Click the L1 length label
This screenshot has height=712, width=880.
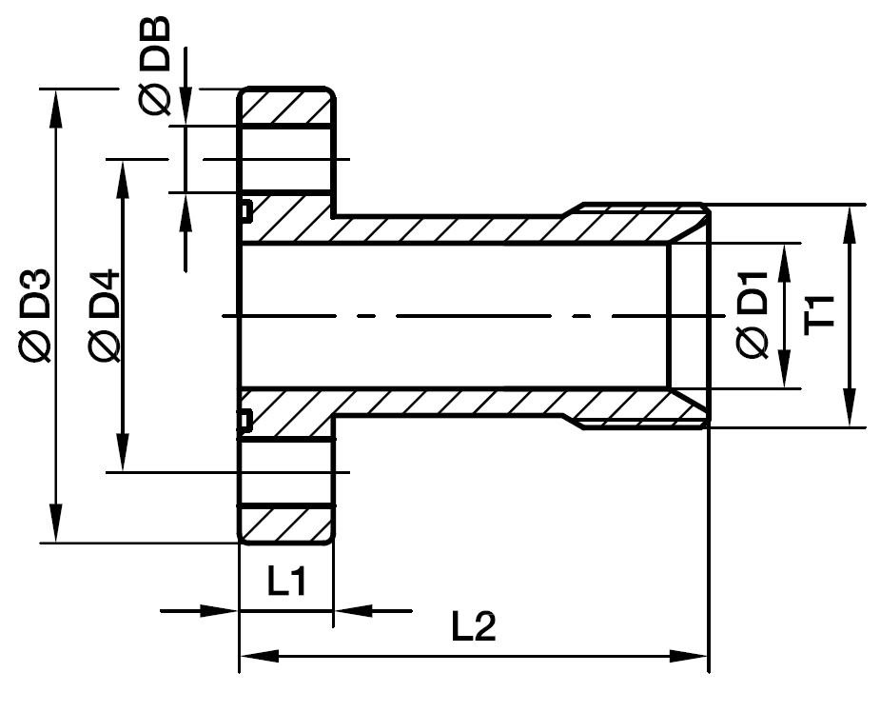(x=285, y=581)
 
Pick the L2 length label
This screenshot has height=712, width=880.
(x=473, y=627)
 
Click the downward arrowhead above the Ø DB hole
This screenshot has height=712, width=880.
(x=185, y=109)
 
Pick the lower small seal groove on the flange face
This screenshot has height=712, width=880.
(x=245, y=419)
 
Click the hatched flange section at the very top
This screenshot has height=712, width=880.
(x=285, y=107)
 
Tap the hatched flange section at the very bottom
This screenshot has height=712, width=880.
(x=285, y=522)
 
